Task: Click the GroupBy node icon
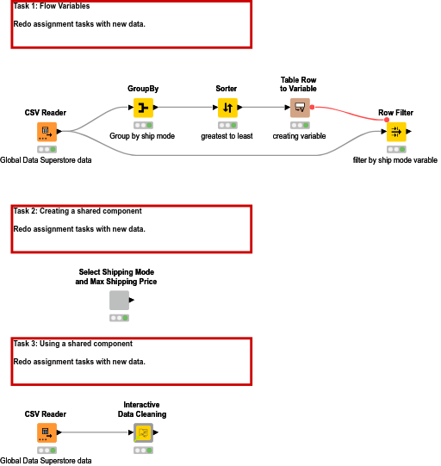(x=143, y=108)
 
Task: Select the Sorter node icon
(x=227, y=108)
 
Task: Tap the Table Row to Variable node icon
(x=299, y=108)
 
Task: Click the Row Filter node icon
(x=395, y=132)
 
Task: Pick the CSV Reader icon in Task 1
(x=46, y=132)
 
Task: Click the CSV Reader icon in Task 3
(x=46, y=432)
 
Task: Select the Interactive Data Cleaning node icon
(x=143, y=432)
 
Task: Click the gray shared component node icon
(x=119, y=300)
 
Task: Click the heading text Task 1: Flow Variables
(x=52, y=6)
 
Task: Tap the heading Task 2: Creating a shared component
(x=78, y=211)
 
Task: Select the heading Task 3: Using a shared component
(x=73, y=344)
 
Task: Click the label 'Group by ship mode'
(x=143, y=136)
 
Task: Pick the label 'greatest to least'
(x=227, y=136)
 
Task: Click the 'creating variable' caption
(x=299, y=136)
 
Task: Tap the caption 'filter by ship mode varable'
(x=395, y=160)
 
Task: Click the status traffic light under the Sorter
(x=227, y=125)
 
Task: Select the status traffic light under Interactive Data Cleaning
(x=143, y=450)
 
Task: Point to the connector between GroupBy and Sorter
(x=185, y=108)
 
